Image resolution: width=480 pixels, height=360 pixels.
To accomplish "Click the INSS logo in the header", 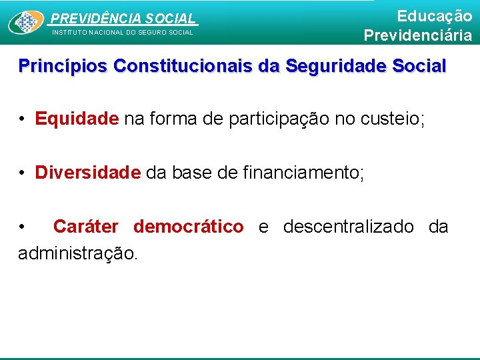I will pyautogui.click(x=26, y=23).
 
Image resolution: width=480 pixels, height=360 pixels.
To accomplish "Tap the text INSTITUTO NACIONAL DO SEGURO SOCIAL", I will pyautogui.click(x=123, y=32).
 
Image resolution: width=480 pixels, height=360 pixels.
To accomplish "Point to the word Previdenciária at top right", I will pyautogui.click(x=418, y=35).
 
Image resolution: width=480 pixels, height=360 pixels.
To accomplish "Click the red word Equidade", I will pyautogui.click(x=77, y=119).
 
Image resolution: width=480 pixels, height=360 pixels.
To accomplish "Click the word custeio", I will pyautogui.click(x=387, y=119).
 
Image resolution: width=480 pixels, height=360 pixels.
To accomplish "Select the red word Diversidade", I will pyautogui.click(x=88, y=173).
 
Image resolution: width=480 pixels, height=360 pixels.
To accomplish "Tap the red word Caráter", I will pyautogui.click(x=85, y=227).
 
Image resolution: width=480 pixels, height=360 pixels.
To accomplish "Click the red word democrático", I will pyautogui.click(x=189, y=227).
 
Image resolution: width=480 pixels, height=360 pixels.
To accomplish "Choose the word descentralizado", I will pyautogui.click(x=348, y=227).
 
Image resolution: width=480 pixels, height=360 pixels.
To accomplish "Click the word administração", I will pyautogui.click(x=79, y=253).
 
